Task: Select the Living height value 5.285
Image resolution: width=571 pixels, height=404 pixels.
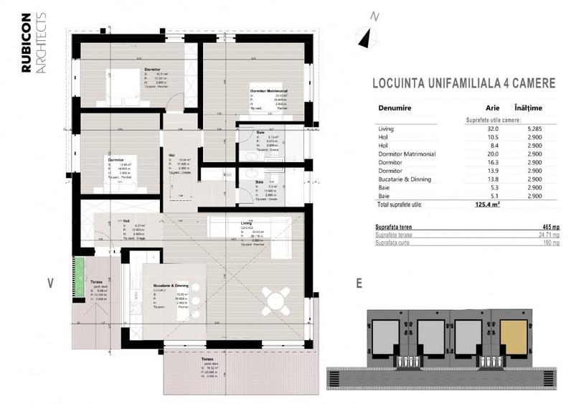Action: tap(529, 129)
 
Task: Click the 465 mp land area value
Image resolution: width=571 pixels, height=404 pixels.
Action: tap(550, 227)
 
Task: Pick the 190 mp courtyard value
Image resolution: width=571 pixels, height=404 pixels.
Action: tap(551, 243)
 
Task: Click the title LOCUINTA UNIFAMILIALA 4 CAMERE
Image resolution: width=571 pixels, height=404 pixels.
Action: tap(464, 83)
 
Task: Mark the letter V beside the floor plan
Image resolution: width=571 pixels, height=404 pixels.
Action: tap(51, 283)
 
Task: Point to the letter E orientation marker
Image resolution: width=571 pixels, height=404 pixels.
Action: tap(358, 283)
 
